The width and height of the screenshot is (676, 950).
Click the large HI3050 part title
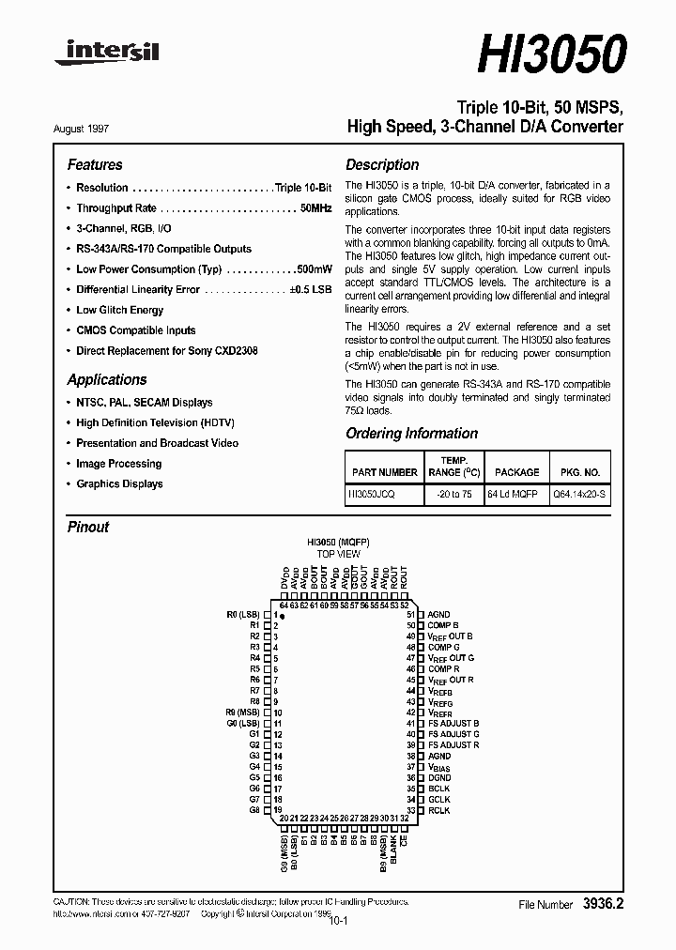tap(550, 54)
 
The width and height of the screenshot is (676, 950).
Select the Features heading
tap(95, 164)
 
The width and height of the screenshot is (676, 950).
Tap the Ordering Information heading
tap(411, 434)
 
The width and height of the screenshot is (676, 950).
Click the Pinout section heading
tap(88, 527)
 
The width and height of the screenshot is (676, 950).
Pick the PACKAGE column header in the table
tap(516, 472)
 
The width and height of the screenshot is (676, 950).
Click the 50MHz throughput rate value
tap(315, 208)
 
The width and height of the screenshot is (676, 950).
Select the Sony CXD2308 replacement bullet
tap(167, 351)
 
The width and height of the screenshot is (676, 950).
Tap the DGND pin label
tap(439, 777)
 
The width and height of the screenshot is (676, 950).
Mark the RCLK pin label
tap(439, 810)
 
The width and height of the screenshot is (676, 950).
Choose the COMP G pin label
tap(443, 647)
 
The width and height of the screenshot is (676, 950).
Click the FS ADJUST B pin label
tap(453, 723)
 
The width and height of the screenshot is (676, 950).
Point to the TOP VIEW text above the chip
tap(337, 555)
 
